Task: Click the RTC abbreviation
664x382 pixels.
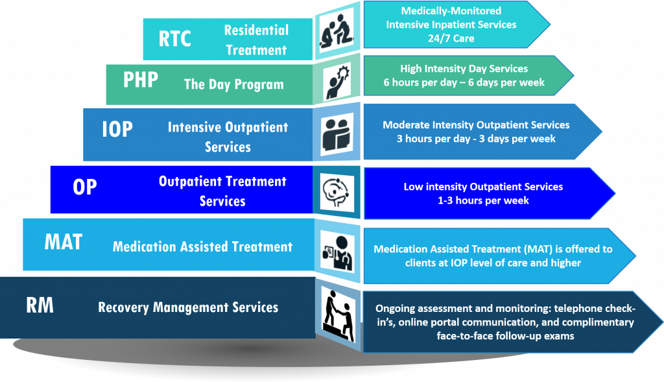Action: pos(175,39)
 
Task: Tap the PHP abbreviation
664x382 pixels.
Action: pos(140,80)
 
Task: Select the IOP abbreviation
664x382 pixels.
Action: pos(117,129)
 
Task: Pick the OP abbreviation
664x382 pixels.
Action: pos(84,187)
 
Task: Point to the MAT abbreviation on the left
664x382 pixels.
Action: pos(63,242)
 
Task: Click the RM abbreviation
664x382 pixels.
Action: pos(40,305)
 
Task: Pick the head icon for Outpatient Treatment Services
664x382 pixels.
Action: pos(337,189)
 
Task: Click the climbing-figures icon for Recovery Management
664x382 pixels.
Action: pos(337,311)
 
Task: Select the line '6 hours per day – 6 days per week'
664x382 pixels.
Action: pos(463,82)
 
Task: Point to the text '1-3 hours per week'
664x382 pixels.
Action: pos(483,200)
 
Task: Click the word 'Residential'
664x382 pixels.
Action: pos(256,30)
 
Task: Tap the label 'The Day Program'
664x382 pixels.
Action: pos(233,84)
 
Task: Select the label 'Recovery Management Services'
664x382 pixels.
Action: pos(188,307)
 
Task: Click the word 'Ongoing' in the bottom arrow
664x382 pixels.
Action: pos(396,309)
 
